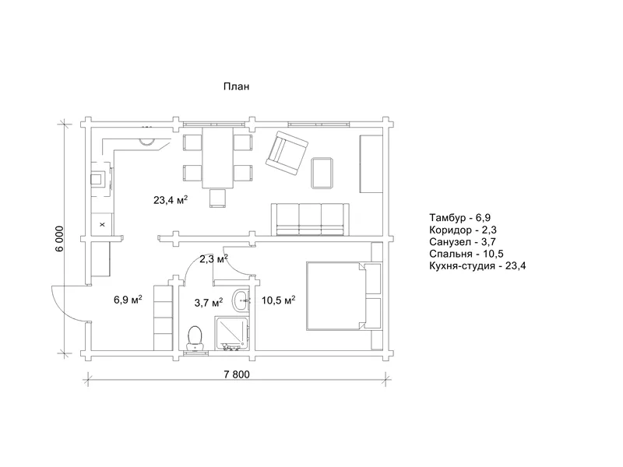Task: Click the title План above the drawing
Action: tap(237, 86)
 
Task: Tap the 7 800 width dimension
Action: tap(237, 374)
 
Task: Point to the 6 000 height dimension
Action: tap(59, 239)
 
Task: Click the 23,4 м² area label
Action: tap(171, 200)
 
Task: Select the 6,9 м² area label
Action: tap(128, 300)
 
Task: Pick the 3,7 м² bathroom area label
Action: tap(208, 303)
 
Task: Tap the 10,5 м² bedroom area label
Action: tap(278, 300)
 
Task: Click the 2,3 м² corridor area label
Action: tap(213, 259)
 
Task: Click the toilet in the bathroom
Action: tap(195, 339)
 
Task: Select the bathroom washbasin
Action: tap(241, 300)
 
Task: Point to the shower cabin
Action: tap(233, 333)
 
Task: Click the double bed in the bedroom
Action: tap(344, 296)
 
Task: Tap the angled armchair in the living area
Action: tap(287, 153)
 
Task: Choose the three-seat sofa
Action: tap(310, 219)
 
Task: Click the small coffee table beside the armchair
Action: tap(322, 173)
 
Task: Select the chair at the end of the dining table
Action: tap(218, 198)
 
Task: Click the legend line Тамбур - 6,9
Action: tap(459, 218)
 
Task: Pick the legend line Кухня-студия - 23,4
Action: tap(477, 265)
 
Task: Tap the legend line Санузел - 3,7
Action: tap(463, 242)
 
